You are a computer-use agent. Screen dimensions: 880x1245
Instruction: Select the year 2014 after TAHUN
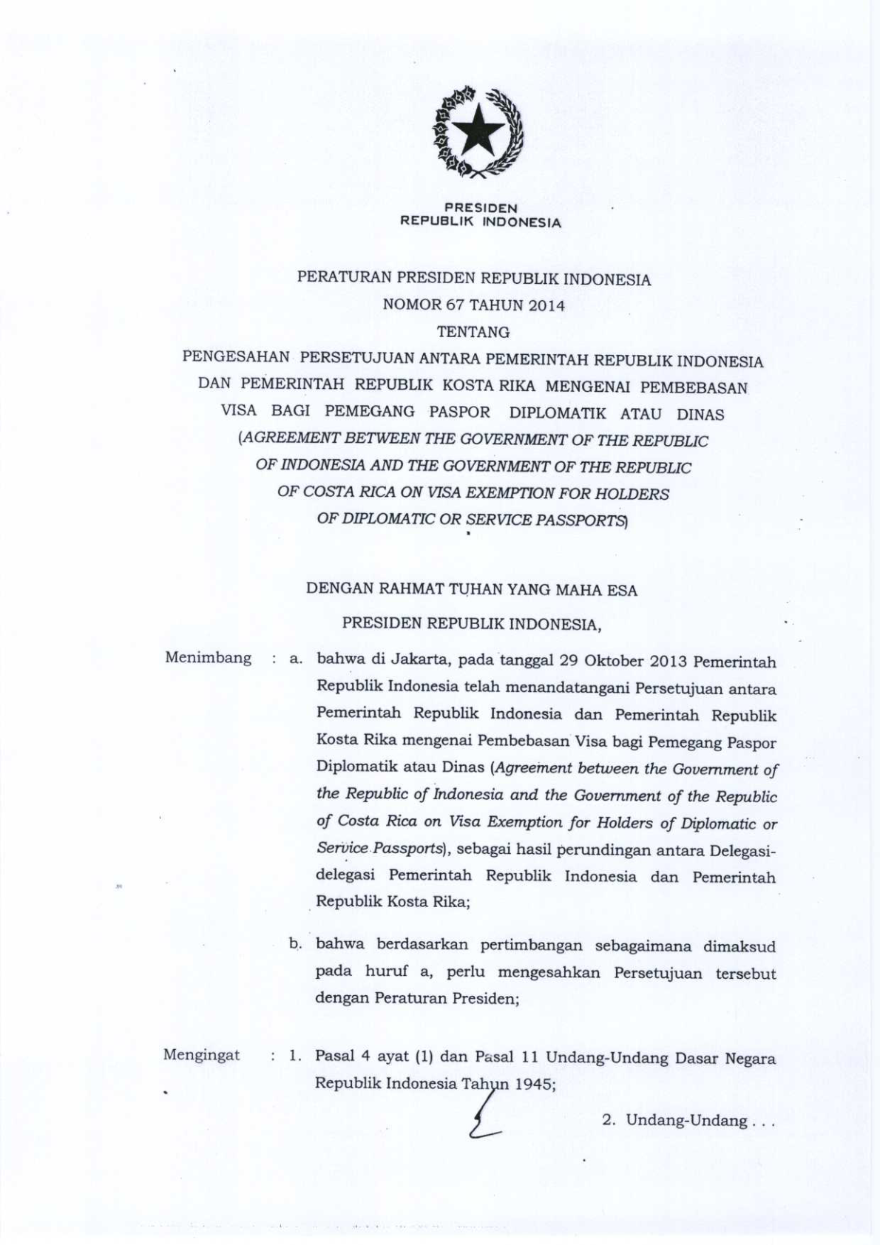pyautogui.click(x=547, y=305)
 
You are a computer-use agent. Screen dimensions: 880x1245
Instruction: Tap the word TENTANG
pyautogui.click(x=473, y=332)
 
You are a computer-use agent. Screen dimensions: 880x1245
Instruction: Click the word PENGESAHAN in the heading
pyautogui.click(x=236, y=359)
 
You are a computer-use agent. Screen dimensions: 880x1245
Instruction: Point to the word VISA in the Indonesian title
pyautogui.click(x=239, y=412)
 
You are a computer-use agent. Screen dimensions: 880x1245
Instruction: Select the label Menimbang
pyautogui.click(x=208, y=658)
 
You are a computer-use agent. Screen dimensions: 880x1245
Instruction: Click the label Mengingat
pyautogui.click(x=202, y=1055)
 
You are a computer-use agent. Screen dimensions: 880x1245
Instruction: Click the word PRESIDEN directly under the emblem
pyautogui.click(x=481, y=208)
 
